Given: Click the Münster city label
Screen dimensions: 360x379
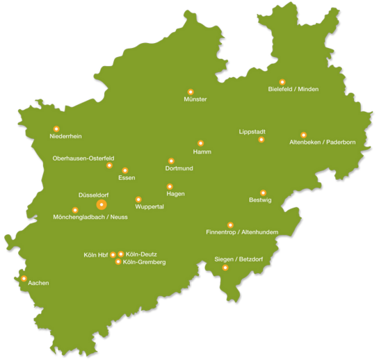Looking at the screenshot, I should [x=195, y=99].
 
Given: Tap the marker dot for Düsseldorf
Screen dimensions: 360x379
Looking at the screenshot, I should [x=102, y=205].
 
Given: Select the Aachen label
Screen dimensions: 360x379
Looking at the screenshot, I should [x=38, y=284].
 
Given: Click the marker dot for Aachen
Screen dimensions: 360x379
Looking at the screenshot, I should [x=24, y=278].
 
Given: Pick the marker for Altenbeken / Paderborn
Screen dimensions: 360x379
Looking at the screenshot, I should [x=303, y=135].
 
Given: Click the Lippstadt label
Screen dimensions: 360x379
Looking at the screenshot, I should [x=252, y=131].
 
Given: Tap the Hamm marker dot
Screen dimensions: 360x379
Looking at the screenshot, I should [x=200, y=143].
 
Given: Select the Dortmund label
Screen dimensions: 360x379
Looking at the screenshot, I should [x=179, y=168].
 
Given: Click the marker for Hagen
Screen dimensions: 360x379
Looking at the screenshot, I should [x=170, y=186].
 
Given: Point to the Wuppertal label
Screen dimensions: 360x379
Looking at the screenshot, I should [x=150, y=207].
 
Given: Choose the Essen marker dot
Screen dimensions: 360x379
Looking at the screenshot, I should [x=125, y=170].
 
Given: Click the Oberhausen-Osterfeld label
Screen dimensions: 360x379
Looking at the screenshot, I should [x=83, y=158].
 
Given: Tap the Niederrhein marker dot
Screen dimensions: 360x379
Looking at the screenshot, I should [x=56, y=129].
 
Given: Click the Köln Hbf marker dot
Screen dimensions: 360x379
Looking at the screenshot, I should [x=113, y=254].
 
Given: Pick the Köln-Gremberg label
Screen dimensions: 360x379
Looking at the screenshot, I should [x=144, y=262].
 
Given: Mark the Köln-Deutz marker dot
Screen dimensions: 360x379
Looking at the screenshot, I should [x=121, y=254].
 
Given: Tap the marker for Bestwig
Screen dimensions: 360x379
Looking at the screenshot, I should [x=263, y=193].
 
